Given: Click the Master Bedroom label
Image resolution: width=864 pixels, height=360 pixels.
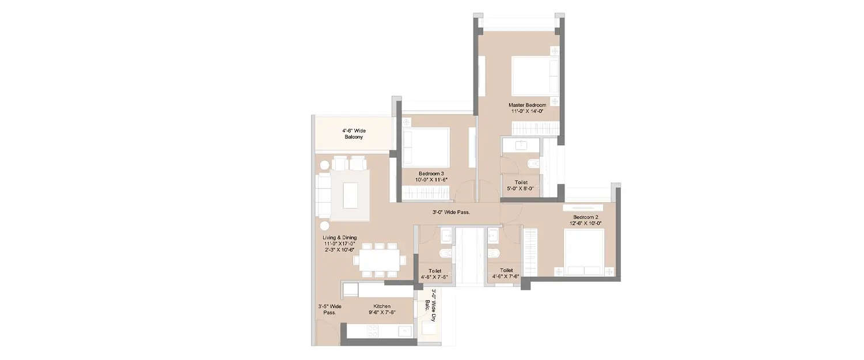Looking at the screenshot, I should click(526, 105).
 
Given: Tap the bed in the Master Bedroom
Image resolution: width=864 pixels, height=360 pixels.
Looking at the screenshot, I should click(535, 76).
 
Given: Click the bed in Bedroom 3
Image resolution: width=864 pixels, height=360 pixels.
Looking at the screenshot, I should click(426, 147).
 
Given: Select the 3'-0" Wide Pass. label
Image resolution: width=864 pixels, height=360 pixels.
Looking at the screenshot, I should click(451, 213).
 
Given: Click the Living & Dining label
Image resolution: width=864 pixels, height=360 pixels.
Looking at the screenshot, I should click(339, 237).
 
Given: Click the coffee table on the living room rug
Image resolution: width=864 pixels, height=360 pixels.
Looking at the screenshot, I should click(350, 195).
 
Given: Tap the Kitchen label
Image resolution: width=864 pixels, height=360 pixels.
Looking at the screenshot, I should click(381, 306).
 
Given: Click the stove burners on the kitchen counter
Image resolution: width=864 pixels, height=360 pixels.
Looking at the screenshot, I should click(372, 331).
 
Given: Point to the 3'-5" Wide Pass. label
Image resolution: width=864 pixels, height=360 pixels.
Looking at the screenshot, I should click(329, 309).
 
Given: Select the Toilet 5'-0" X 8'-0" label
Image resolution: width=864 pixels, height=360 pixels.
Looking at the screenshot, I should click(521, 185).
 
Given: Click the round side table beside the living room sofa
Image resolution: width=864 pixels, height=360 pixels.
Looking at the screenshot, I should click(324, 225).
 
